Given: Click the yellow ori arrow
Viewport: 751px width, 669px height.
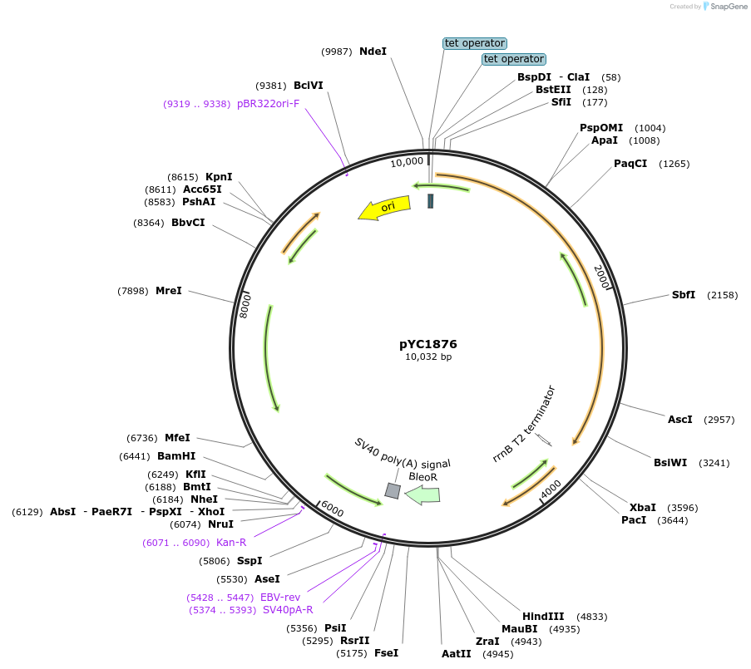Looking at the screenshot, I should [384, 208].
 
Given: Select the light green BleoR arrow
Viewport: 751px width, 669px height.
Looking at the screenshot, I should [423, 495].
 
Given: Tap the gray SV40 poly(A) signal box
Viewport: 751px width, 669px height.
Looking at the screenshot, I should [393, 491].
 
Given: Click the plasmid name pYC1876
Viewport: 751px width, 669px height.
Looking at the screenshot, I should [428, 344].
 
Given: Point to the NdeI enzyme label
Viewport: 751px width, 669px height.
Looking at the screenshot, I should [373, 52].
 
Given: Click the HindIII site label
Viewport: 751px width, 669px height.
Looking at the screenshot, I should [543, 616].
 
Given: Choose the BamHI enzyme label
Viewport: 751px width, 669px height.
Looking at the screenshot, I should [176, 456].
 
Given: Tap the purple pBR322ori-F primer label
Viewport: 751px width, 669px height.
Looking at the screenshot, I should [268, 104].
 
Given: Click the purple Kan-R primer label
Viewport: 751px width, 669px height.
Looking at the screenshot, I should [231, 543].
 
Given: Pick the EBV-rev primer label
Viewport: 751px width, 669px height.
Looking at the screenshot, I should [280, 597].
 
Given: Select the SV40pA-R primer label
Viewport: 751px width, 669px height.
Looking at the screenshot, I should [288, 610].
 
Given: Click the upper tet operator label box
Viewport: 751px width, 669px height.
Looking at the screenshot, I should [475, 43].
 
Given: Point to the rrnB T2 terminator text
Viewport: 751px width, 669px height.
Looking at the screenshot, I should [524, 424].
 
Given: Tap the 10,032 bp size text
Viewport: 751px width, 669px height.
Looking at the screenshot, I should [428, 357].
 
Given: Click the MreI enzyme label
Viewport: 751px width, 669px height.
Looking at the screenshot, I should [168, 291].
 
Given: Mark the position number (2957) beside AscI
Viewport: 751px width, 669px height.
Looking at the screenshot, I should [719, 420].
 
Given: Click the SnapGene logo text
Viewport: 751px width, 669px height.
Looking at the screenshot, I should [727, 7].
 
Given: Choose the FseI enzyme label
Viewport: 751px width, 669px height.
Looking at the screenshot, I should [386, 653].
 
